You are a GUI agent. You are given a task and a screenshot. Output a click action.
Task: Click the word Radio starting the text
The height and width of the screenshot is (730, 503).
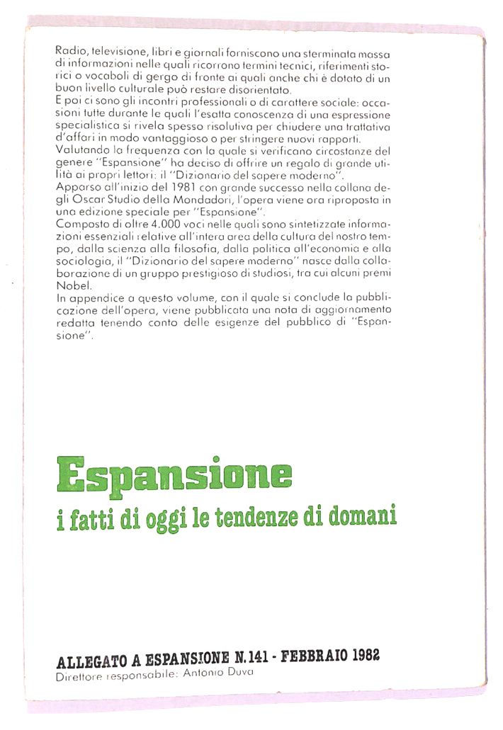69,53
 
